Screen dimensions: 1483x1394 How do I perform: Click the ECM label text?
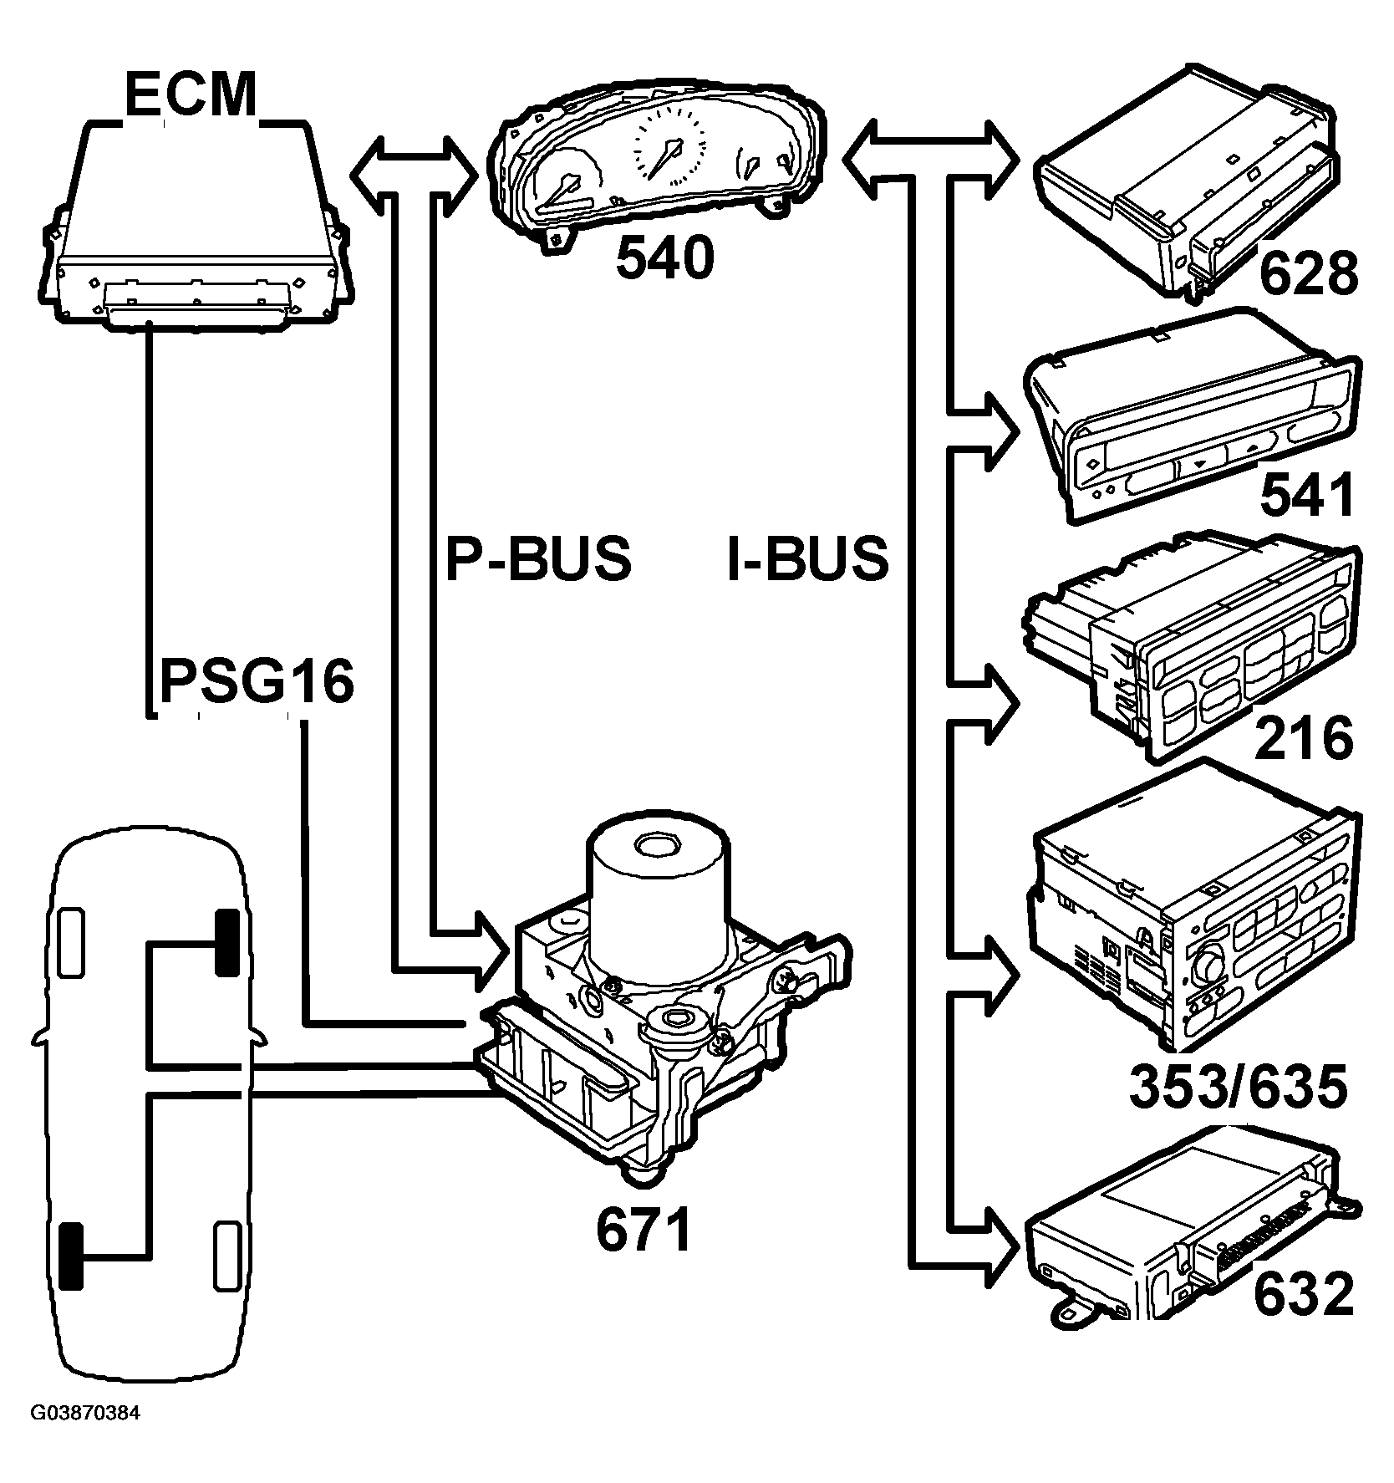click(x=191, y=96)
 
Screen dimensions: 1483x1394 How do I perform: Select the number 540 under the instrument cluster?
click(x=665, y=260)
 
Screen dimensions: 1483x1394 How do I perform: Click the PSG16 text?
click(x=257, y=682)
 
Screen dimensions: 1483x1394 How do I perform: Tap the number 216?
click(x=1304, y=738)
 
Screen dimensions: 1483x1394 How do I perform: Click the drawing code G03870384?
click(x=85, y=1437)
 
